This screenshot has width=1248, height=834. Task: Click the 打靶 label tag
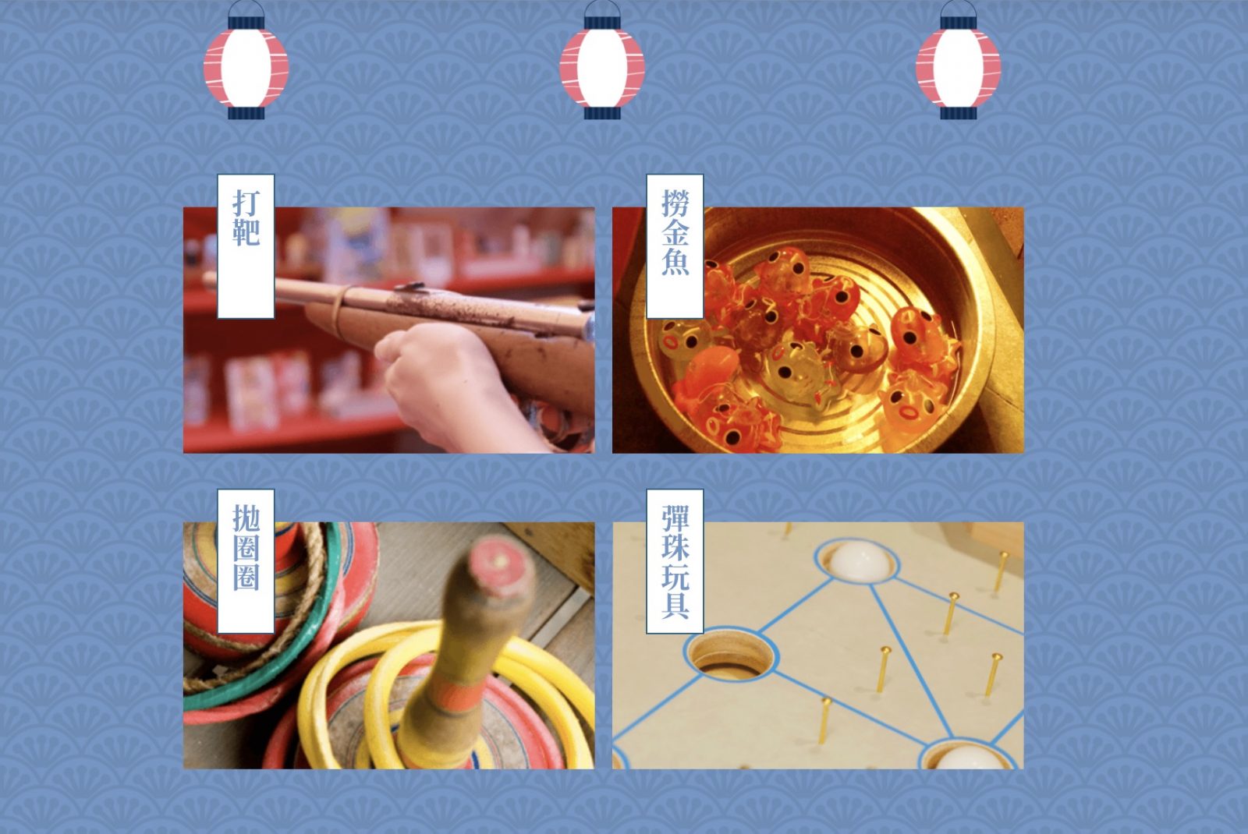click(x=246, y=246)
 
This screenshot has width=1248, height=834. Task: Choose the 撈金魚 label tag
click(x=675, y=246)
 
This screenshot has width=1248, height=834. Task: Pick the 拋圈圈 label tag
click(x=246, y=561)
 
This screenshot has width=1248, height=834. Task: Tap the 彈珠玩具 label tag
click(x=675, y=561)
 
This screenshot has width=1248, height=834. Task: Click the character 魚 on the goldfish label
click(x=675, y=261)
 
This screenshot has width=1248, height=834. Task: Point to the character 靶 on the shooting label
click(x=246, y=232)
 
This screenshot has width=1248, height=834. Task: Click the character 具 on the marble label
click(x=675, y=605)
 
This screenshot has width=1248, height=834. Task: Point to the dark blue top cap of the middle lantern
click(x=601, y=23)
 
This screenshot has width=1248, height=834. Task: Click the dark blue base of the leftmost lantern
click(x=246, y=113)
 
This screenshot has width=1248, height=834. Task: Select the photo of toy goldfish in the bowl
click(x=818, y=330)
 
